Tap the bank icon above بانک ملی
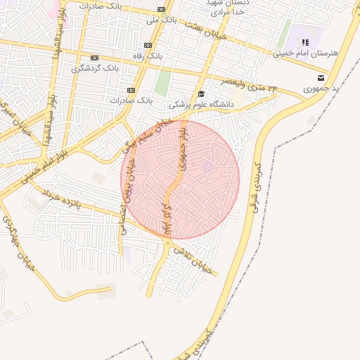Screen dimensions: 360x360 162,9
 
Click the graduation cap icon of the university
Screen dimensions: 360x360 201,94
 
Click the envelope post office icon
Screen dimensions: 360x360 321,77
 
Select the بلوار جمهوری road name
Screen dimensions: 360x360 184,147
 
